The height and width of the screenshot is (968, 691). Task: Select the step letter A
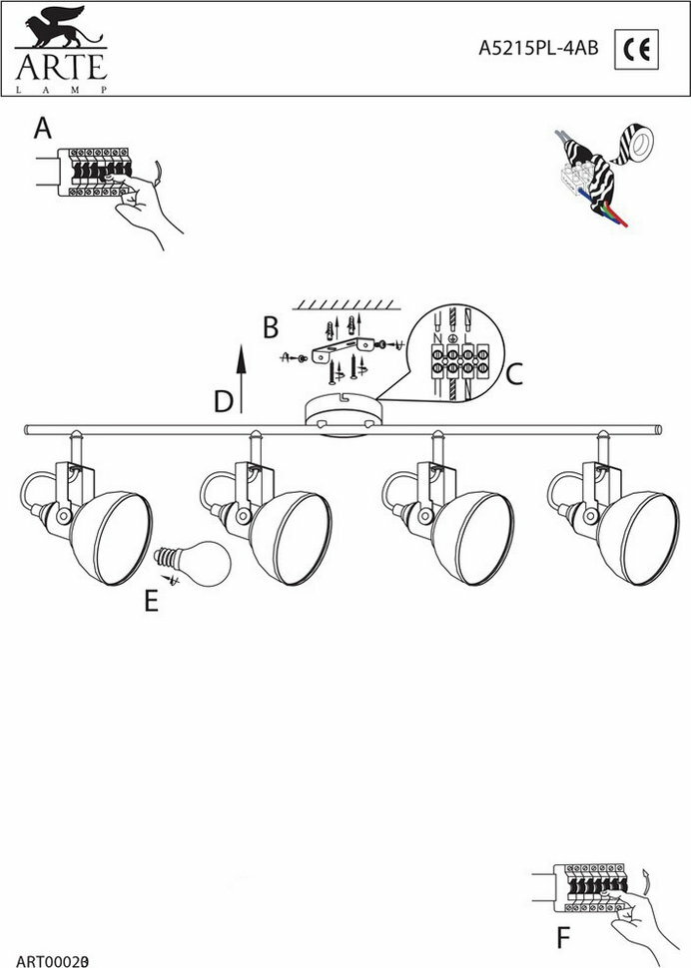point(42,129)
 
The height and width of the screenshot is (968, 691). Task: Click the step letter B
point(269,326)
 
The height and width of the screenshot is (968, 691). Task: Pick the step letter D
point(224,401)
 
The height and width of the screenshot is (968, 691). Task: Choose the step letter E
point(151,602)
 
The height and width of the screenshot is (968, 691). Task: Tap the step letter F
point(563,938)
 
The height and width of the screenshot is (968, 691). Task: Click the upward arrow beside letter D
point(242,374)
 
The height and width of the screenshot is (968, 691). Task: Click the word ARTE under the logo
point(59,69)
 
